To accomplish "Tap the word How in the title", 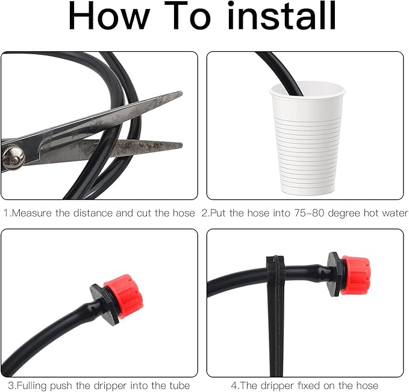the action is (109, 16).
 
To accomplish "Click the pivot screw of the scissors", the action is (13, 158).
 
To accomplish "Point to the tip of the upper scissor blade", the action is (182, 92).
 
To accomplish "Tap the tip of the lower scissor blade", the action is (182, 145).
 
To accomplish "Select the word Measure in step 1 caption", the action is (32, 213).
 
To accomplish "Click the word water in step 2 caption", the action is (395, 213).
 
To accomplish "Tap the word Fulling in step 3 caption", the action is (32, 385).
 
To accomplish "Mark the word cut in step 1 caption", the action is (144, 213).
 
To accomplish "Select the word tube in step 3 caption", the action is (179, 385).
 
